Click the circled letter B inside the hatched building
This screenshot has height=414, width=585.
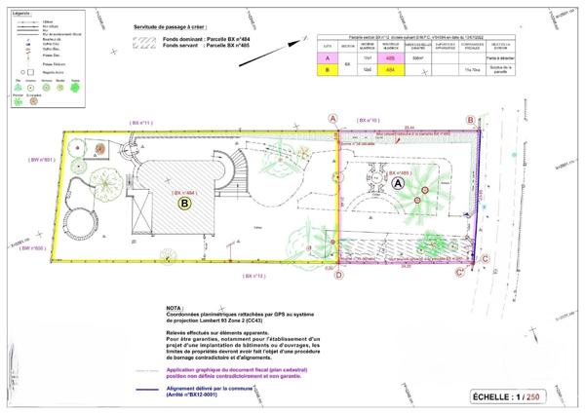(x=184, y=205)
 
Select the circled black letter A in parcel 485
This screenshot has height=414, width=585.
(x=397, y=183)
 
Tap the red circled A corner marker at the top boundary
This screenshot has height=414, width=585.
(x=333, y=118)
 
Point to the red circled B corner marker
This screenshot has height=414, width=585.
(x=471, y=120)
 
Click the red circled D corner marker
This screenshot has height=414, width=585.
(x=338, y=275)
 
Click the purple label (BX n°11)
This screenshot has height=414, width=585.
(x=140, y=123)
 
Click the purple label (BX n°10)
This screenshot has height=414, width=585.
(x=369, y=119)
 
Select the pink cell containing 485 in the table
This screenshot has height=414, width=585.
(x=389, y=58)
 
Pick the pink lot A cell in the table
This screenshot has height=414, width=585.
(x=328, y=58)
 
